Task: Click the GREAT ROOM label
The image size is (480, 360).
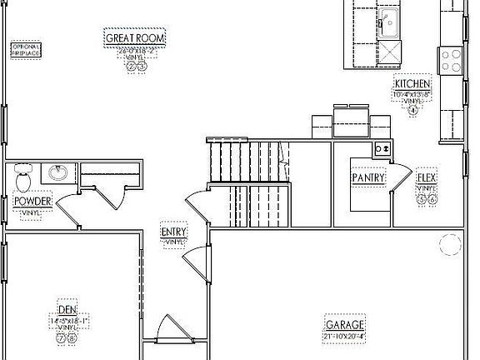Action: tap(135, 37)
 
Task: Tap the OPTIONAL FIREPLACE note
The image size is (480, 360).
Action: tap(26, 49)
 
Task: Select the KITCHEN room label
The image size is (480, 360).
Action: tap(412, 84)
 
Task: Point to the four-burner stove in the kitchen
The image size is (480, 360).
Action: tap(451, 57)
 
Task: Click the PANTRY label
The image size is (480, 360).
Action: tap(367, 177)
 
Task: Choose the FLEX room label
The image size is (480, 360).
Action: tap(427, 177)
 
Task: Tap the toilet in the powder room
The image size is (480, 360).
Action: tap(23, 176)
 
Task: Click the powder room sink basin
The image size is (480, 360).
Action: tap(57, 173)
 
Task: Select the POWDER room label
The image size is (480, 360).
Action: tap(32, 201)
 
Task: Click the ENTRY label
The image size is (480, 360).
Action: tap(174, 232)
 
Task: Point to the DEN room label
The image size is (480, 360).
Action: tap(67, 309)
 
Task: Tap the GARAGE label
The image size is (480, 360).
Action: tap(344, 324)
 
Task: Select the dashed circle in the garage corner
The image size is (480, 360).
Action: tap(450, 244)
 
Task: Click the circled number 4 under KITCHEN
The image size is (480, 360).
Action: tap(412, 110)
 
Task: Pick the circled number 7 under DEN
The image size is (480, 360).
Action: tap(61, 338)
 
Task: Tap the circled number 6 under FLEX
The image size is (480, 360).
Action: tap(432, 200)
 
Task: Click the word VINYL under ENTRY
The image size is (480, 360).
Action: tap(174, 242)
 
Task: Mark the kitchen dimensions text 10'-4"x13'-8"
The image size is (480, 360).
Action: tap(412, 94)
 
